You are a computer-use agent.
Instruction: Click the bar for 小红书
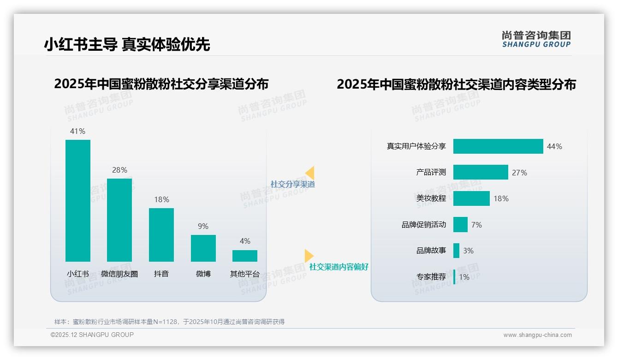click(x=78, y=200)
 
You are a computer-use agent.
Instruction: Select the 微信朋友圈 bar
click(x=119, y=220)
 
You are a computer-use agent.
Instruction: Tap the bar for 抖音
click(x=161, y=234)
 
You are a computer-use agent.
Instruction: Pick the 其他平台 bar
click(x=245, y=256)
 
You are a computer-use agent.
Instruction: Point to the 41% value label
click(x=77, y=131)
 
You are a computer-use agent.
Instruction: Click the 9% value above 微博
click(x=203, y=226)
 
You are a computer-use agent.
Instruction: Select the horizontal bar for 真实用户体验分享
click(x=498, y=146)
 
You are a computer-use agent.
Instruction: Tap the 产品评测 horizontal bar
click(x=481, y=172)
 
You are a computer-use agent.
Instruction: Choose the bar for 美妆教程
click(x=471, y=198)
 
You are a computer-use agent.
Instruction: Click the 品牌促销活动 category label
click(x=424, y=225)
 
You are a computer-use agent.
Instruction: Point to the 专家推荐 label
click(x=431, y=277)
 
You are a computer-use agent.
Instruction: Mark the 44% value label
click(x=554, y=146)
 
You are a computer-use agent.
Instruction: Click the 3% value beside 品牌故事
click(x=468, y=251)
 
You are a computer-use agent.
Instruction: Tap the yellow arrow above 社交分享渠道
click(x=309, y=173)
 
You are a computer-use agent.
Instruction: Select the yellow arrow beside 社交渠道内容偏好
click(x=309, y=256)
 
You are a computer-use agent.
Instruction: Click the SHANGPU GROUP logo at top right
click(x=536, y=39)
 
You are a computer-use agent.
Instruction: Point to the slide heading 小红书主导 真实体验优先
click(x=127, y=44)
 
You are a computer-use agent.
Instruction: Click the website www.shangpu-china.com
click(x=537, y=335)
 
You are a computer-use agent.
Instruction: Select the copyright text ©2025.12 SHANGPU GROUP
click(x=92, y=335)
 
